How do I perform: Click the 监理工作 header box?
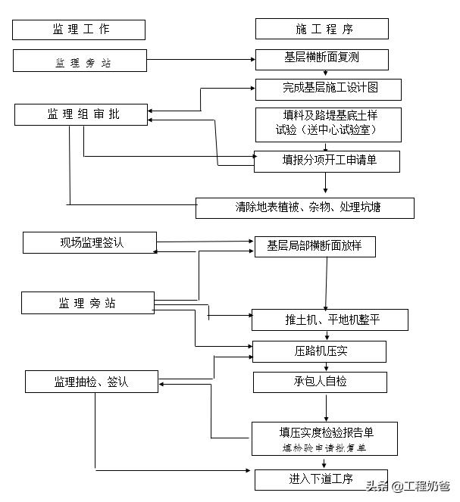(79, 30)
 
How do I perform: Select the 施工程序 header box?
(321, 30)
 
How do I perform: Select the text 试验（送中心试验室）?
(327, 130)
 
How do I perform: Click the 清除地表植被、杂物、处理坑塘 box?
(305, 207)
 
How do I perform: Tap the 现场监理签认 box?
(90, 243)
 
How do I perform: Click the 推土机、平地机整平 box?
(330, 320)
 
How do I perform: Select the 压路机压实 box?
(319, 351)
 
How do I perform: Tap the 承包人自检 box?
(320, 382)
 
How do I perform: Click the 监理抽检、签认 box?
(92, 382)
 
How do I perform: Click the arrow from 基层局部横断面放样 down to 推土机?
(327, 282)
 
